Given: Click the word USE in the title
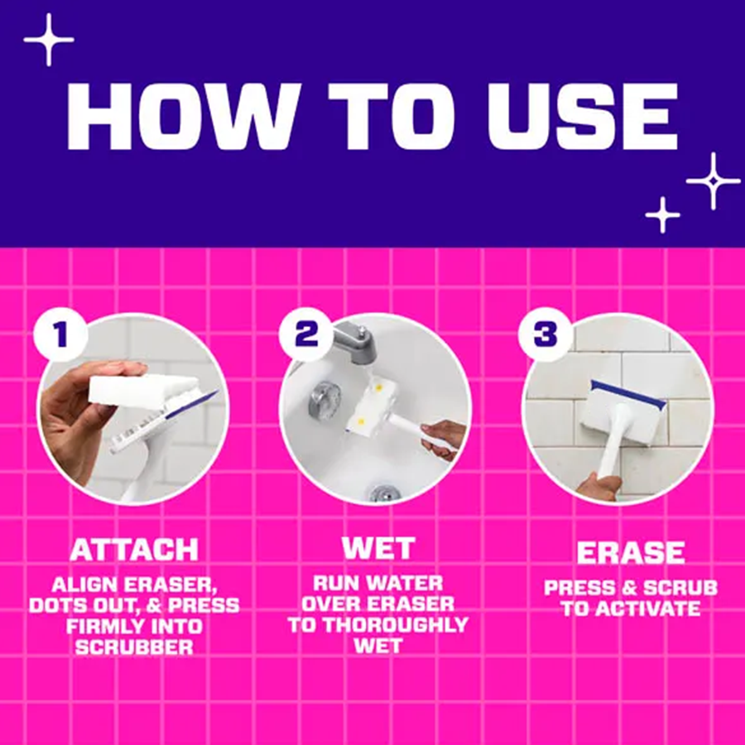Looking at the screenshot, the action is point(582,117).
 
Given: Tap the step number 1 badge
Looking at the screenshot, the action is point(60,334).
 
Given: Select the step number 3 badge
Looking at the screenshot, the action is point(545,334).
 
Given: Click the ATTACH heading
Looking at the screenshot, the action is point(134,550).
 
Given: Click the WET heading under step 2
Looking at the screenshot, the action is point(378,548).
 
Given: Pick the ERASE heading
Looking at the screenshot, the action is point(631,552).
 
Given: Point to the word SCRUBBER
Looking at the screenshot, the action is point(134,646).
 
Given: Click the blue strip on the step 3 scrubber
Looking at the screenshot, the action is point(628,393).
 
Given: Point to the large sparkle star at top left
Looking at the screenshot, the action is point(49,40).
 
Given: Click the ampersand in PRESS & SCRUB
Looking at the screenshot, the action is point(630,588).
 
